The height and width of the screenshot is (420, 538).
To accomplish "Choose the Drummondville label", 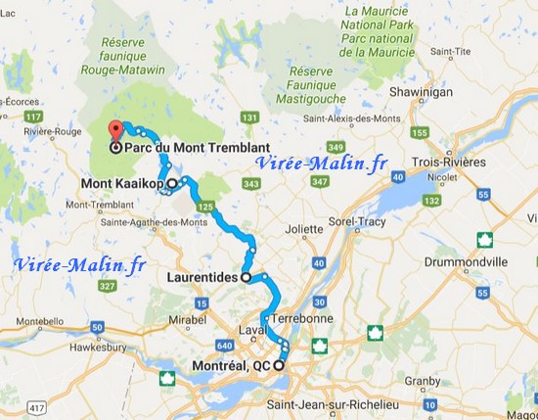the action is point(467,263).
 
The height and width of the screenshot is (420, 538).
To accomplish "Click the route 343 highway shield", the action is point(253,185).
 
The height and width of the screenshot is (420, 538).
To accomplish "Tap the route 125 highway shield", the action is point(204,207).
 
